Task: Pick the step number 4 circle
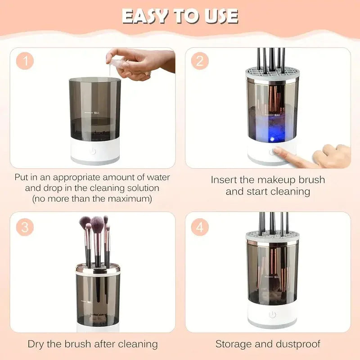click(199, 227)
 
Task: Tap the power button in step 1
click(93, 151)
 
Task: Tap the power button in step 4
click(272, 315)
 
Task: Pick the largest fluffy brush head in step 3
click(97, 222)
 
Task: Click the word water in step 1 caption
click(158, 177)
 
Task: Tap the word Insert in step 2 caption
click(225, 180)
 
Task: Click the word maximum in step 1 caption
click(130, 198)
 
